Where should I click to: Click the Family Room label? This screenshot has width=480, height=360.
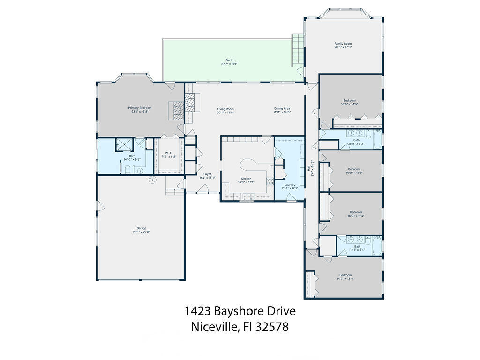tap(343, 44)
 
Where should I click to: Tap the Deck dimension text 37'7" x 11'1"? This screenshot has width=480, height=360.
tap(229, 64)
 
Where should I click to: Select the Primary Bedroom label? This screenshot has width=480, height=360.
tap(140, 108)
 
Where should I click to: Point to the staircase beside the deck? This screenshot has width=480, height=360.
tap(297, 49)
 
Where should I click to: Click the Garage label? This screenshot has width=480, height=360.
tap(141, 228)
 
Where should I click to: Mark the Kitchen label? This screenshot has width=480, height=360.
tap(246, 179)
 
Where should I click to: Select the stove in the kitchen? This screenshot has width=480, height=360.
tap(270, 181)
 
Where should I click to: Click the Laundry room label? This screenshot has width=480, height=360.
tap(290, 185)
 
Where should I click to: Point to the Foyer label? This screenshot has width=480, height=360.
tap(207, 174)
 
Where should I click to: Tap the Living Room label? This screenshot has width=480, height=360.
tap(225, 109)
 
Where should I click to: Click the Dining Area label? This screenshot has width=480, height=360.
tap(282, 109)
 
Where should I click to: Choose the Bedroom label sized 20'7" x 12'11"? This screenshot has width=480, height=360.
tap(345, 275)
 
